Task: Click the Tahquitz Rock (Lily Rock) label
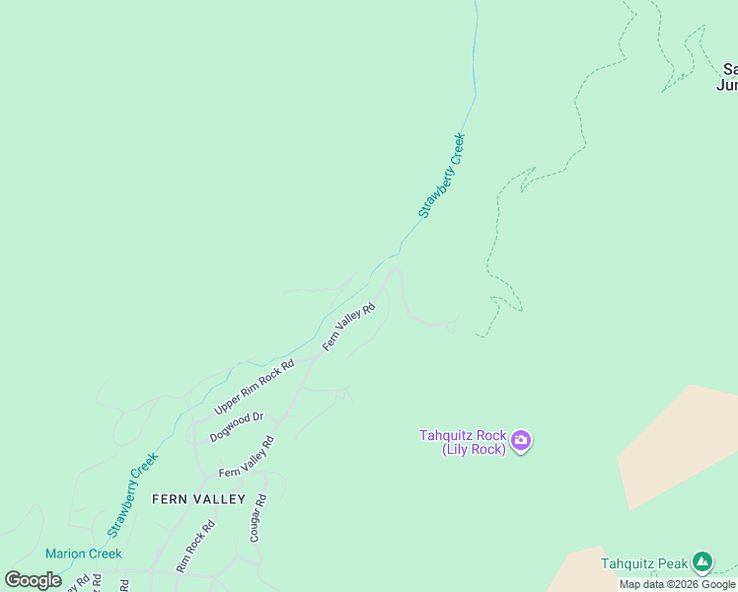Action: tap(463, 442)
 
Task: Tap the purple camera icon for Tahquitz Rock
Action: tap(521, 440)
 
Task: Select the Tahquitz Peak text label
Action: tap(644, 564)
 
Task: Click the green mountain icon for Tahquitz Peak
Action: tap(701, 562)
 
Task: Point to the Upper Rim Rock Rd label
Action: tap(255, 387)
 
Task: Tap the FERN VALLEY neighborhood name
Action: tap(198, 499)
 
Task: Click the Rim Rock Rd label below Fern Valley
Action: tap(194, 548)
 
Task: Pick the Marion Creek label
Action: tap(83, 554)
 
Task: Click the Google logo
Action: tap(33, 580)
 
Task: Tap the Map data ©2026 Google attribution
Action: tap(677, 584)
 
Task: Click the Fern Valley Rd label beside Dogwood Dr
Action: tap(246, 458)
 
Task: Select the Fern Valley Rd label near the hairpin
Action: tap(349, 327)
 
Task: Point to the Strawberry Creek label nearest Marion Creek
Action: tap(133, 494)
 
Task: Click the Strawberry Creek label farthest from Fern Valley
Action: tap(441, 176)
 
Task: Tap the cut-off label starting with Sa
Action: tap(730, 77)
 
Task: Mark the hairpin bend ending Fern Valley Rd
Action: tap(396, 270)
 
